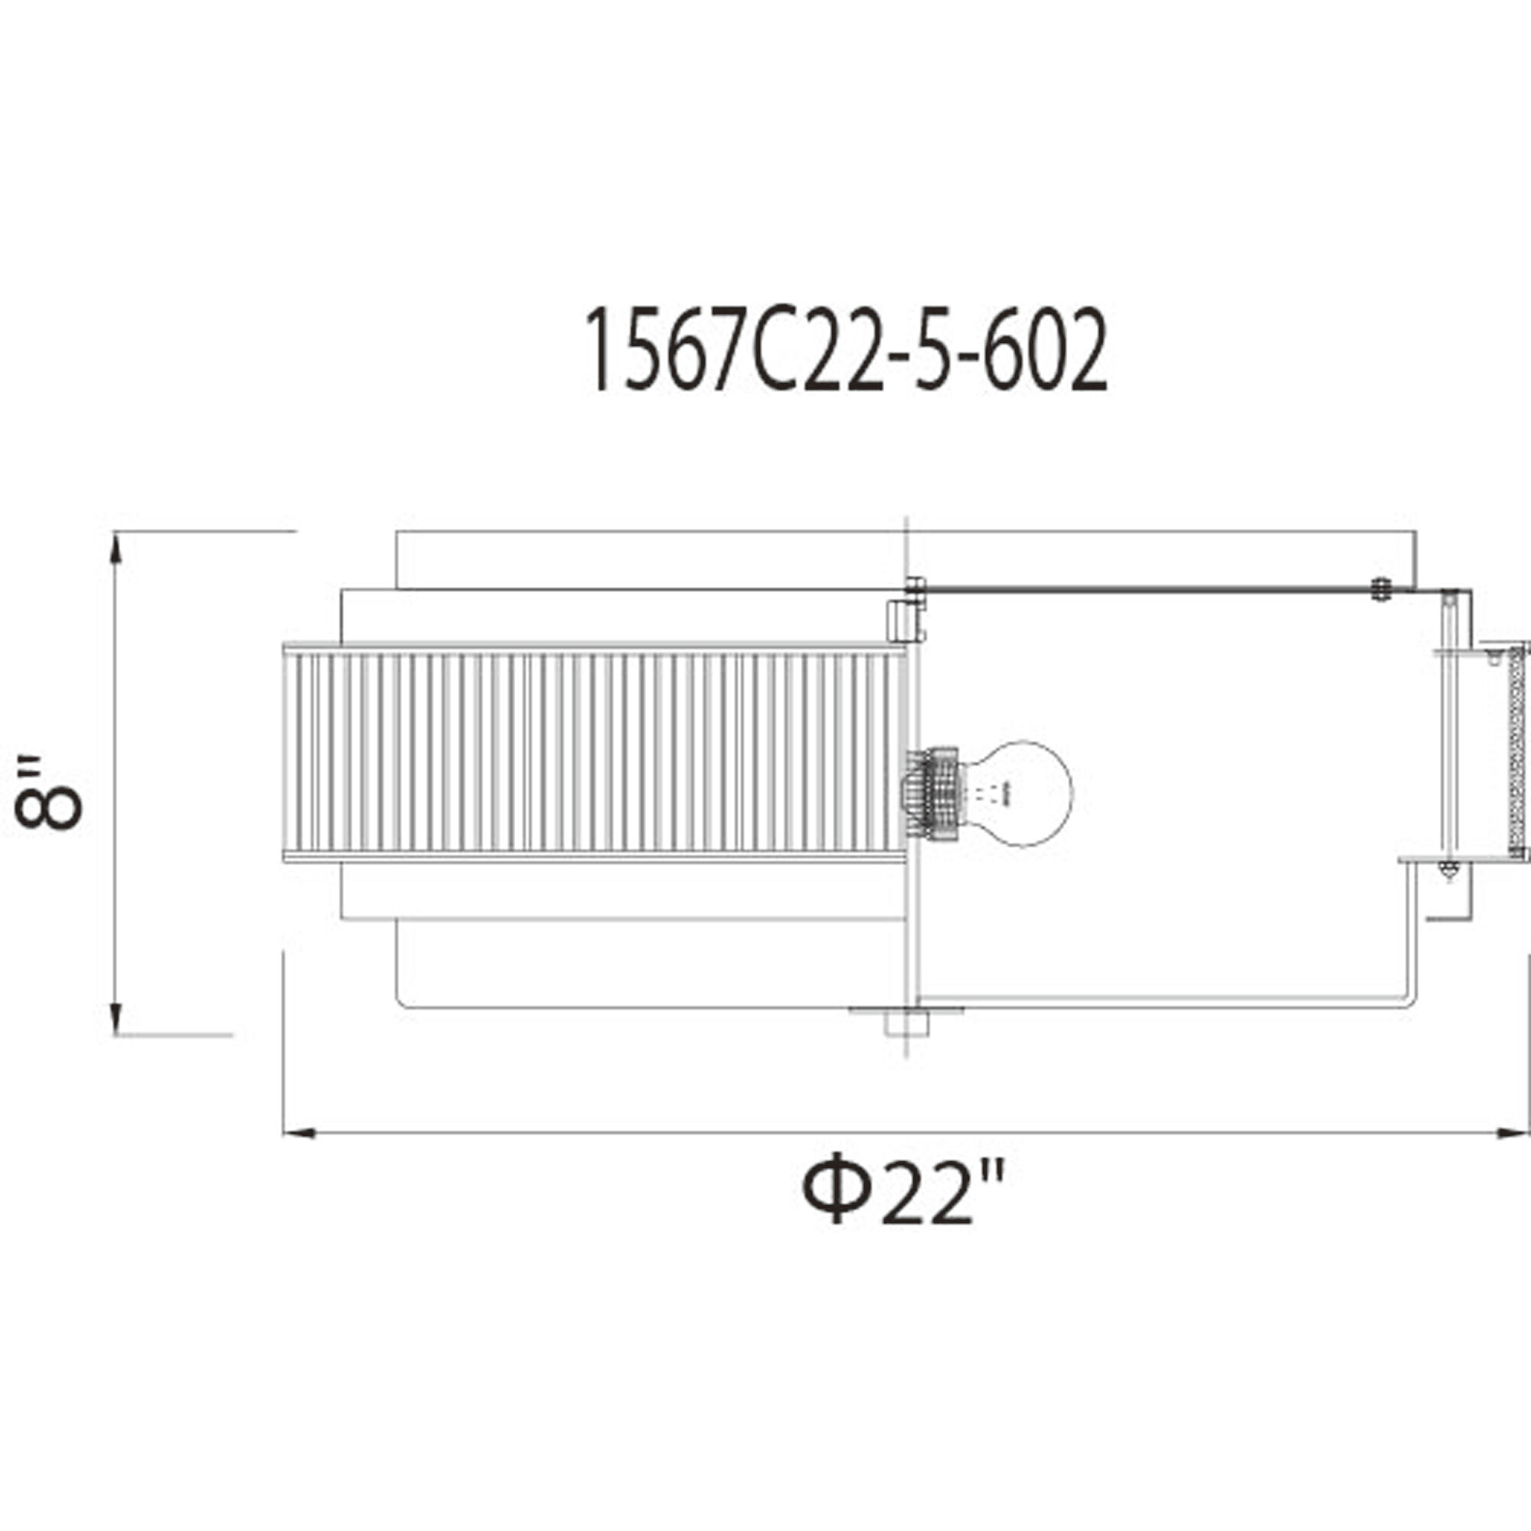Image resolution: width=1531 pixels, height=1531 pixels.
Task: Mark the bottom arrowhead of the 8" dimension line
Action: point(116,1018)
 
